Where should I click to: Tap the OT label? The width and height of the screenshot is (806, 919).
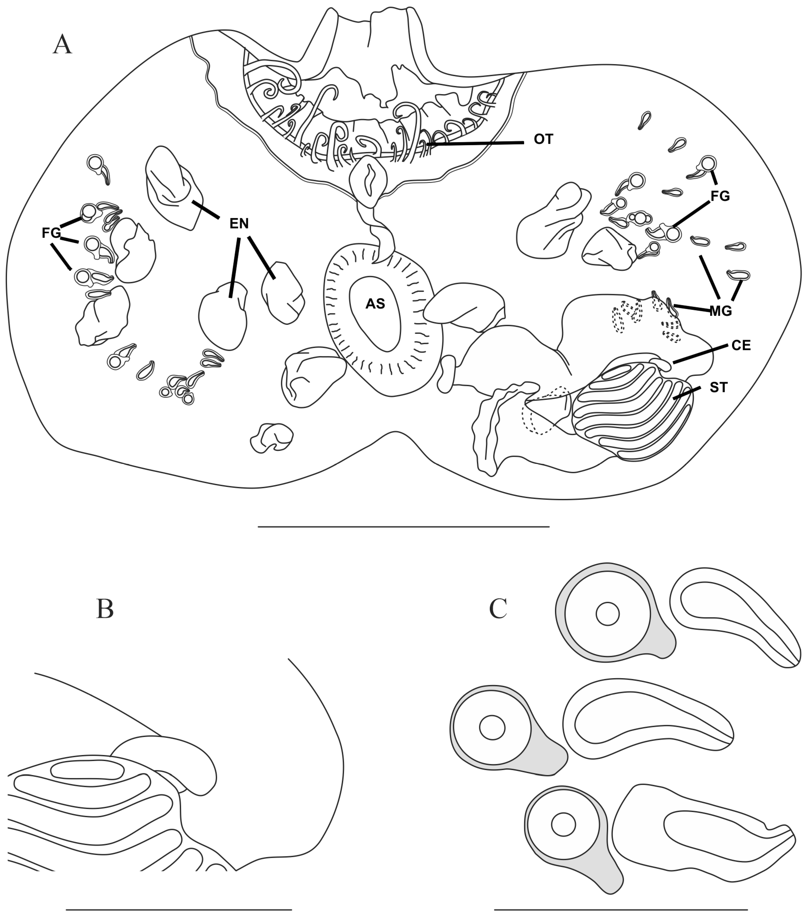point(543,139)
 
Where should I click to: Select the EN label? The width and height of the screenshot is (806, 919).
point(239,223)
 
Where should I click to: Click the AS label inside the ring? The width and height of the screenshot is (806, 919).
point(375,304)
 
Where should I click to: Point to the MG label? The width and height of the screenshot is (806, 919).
point(721,311)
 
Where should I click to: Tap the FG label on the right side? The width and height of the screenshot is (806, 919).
point(720,196)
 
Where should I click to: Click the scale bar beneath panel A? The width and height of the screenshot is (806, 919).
point(404,526)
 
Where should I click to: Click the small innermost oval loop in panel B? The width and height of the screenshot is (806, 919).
point(87,770)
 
